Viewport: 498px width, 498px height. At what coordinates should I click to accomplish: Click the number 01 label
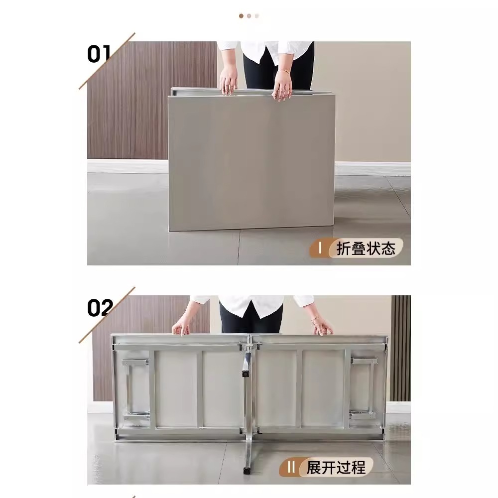(99, 54)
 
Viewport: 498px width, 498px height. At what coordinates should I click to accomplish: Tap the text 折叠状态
(366, 249)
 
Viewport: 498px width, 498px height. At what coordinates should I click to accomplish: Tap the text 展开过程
(336, 468)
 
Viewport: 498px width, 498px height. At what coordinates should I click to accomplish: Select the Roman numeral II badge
(291, 468)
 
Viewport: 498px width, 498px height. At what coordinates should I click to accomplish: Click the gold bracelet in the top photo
(284, 72)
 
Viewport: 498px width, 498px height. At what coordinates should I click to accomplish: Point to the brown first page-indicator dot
(241, 16)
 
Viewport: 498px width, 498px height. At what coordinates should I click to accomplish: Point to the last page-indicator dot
(257, 16)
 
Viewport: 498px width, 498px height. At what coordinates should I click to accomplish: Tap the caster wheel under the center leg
(246, 469)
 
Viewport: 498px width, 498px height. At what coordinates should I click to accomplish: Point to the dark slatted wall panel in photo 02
(400, 349)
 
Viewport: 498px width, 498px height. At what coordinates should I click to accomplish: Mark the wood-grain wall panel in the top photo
(149, 100)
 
